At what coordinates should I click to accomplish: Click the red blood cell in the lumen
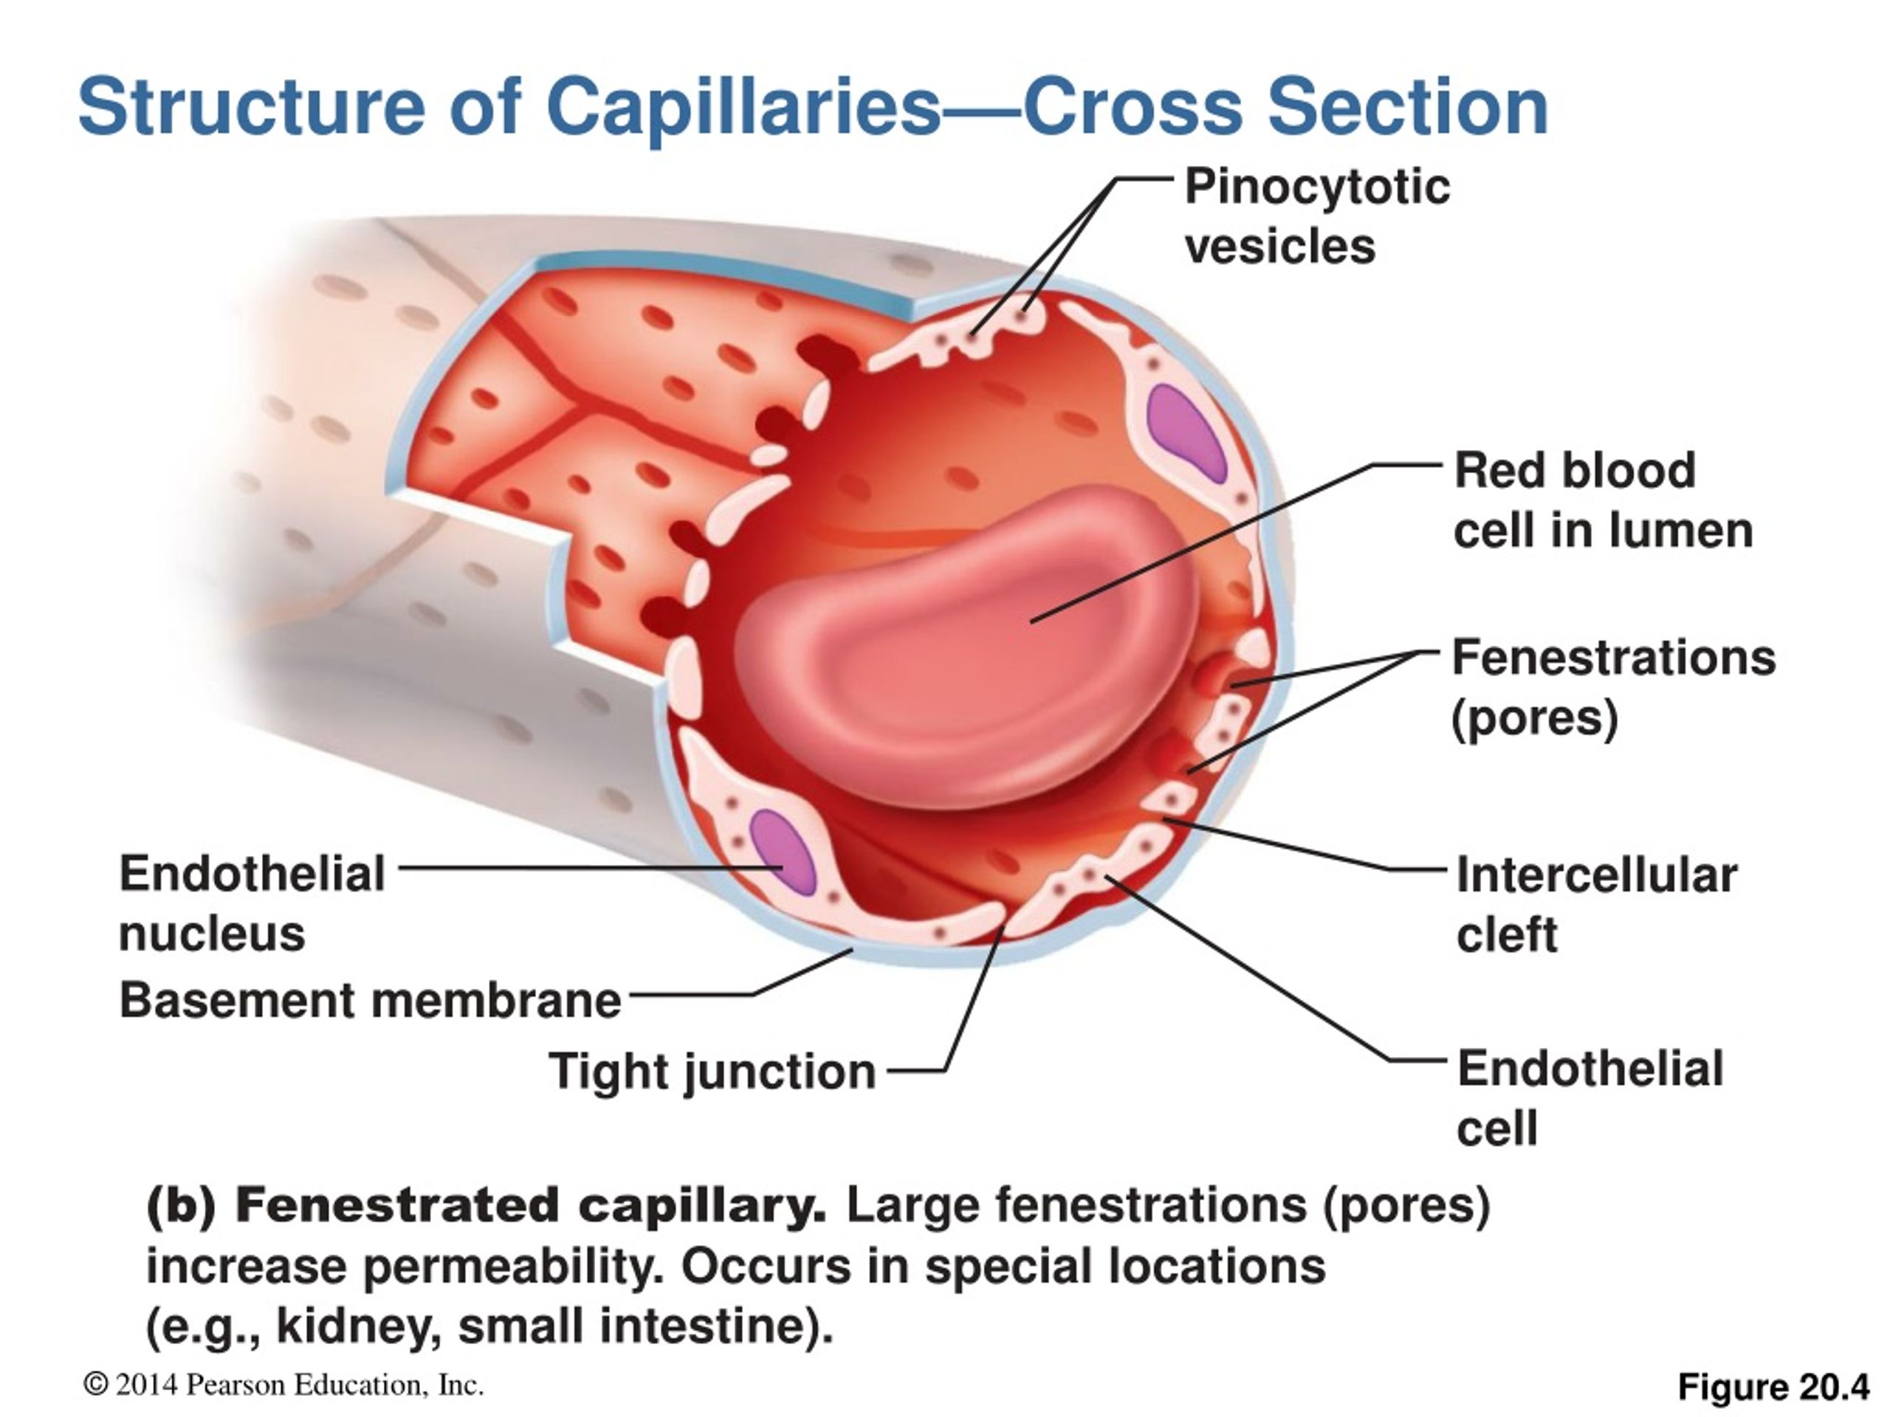[x=966, y=649]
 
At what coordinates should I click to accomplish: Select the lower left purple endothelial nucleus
[x=783, y=852]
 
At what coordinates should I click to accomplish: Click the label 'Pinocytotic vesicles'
[x=1316, y=216]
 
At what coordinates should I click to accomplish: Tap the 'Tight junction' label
[x=712, y=1072]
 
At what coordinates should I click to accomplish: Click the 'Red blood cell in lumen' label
[x=1603, y=500]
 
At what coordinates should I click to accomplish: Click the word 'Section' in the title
[x=1407, y=106]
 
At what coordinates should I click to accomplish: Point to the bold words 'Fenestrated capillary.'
[x=531, y=1206]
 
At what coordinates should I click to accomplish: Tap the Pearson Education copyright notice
[x=283, y=1385]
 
